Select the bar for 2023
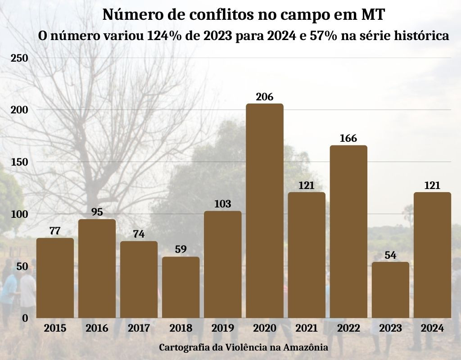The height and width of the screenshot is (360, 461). coord(390,290)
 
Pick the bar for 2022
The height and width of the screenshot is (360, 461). coord(348,231)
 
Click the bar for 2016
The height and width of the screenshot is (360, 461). coord(97,268)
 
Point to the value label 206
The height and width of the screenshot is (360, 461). coord(265,97)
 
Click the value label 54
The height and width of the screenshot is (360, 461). coord(390,255)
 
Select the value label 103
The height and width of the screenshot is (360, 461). coord(222,204)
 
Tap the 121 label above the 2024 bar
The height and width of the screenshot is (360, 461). coord(432,185)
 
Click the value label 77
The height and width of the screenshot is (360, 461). coord(55,231)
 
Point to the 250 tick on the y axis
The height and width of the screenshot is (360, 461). coord(19,58)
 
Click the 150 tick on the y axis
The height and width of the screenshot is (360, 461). coord(19,162)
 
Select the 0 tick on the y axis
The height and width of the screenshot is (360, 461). coord(25,318)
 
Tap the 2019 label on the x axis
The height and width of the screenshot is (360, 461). coord(222,328)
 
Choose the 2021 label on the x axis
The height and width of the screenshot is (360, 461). coord(307,328)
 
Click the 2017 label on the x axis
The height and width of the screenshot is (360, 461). coord(139,328)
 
